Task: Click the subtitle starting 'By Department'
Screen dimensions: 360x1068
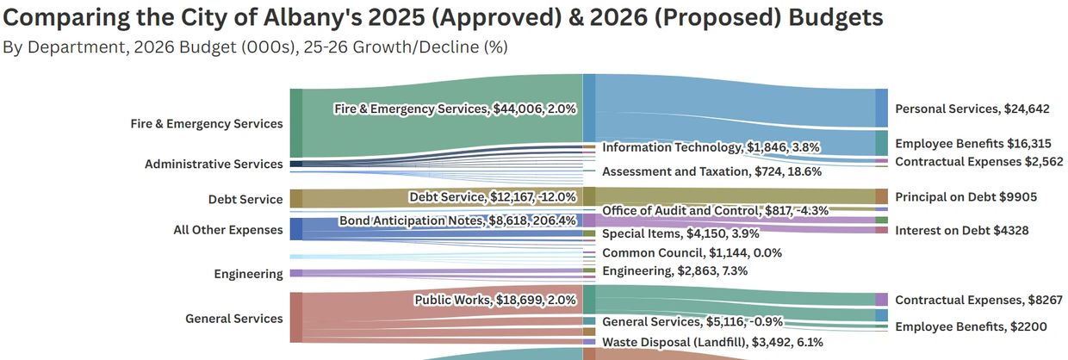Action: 255,47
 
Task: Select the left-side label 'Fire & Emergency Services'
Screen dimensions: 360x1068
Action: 207,124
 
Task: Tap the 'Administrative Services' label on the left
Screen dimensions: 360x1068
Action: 214,164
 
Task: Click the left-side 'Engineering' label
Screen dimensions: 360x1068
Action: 248,275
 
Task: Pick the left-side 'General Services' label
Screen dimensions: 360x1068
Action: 234,319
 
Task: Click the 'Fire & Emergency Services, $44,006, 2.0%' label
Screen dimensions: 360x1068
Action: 455,109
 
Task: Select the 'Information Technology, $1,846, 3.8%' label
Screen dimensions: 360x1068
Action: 711,147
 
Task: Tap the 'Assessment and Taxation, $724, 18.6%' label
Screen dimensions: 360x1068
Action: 711,171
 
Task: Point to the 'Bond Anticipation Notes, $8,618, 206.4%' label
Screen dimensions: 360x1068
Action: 457,221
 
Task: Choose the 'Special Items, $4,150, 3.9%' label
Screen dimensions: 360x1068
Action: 674,233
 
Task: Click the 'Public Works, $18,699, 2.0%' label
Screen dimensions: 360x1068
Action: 495,301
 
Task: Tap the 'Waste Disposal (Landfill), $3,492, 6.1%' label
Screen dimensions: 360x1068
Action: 712,342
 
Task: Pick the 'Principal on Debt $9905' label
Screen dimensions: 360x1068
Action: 966,197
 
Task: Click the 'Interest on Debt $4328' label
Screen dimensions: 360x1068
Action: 962,231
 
